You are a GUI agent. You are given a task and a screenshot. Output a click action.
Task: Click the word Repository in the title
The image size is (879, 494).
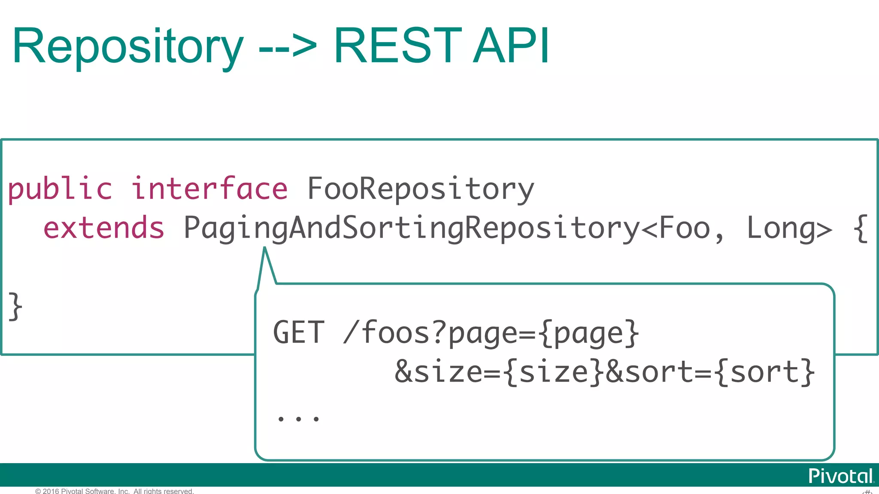(128, 46)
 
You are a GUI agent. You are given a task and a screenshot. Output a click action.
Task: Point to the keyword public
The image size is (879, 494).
(60, 189)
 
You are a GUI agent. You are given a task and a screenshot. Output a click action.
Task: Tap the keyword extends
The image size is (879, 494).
(104, 228)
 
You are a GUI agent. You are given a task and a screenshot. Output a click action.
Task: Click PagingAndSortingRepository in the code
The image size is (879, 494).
(411, 228)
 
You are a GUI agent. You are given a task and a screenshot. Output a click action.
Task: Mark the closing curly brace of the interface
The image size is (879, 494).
(15, 306)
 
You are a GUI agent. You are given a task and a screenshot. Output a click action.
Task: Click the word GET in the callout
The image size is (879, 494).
(299, 333)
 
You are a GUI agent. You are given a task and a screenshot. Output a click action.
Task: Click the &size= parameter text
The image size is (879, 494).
(446, 372)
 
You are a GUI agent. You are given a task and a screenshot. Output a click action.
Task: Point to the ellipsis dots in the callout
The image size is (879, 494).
(298, 419)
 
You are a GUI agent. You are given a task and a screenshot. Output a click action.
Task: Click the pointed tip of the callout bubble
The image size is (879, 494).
(265, 249)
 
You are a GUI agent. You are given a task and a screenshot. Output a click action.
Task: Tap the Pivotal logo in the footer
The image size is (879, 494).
(840, 476)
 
